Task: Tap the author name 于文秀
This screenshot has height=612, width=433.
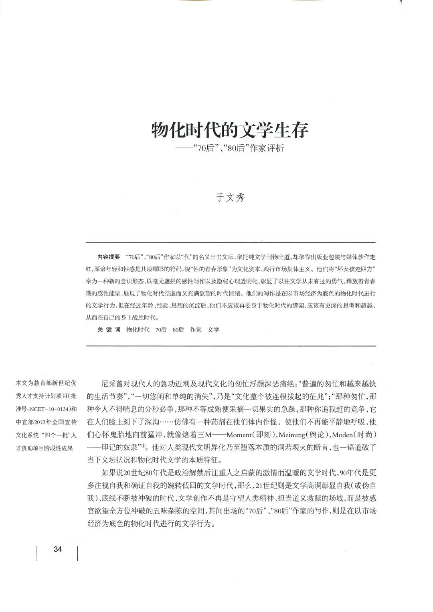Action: [230, 198]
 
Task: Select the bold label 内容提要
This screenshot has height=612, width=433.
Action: [109, 257]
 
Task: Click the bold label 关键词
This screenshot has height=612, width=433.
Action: [109, 329]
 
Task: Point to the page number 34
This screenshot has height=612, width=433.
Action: [57, 549]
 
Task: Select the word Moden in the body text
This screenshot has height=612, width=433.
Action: [344, 435]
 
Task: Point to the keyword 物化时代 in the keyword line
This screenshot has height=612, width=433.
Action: [138, 329]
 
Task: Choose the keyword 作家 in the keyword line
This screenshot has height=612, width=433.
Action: [196, 329]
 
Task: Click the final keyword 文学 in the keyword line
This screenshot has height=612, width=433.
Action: [213, 329]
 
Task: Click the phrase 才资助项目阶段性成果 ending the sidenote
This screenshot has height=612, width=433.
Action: [44, 448]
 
